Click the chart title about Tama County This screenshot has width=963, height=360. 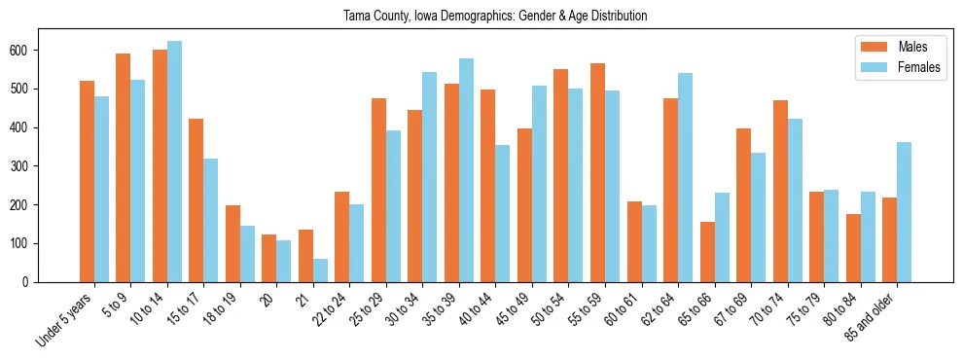pos(495,16)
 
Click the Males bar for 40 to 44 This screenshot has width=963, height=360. pos(488,186)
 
